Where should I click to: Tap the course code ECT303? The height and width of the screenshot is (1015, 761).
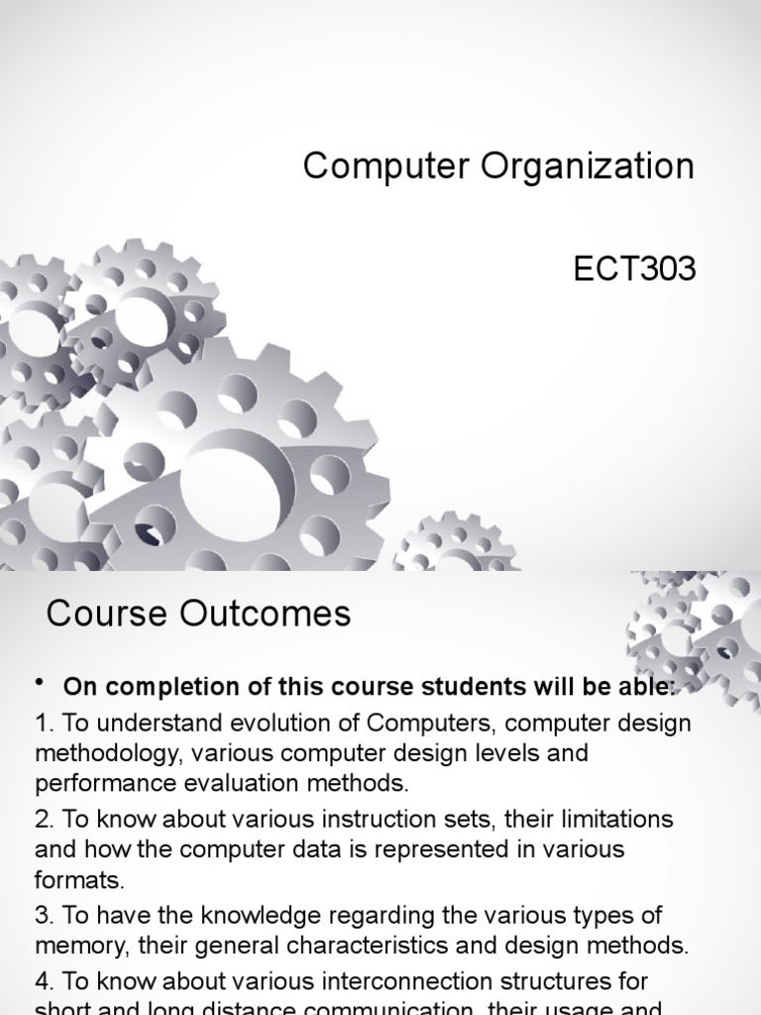pos(635,269)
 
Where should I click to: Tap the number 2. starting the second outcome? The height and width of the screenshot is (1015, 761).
pos(45,820)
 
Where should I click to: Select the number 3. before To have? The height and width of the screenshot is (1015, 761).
pos(45,916)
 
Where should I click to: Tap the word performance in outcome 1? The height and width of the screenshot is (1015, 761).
pos(97,783)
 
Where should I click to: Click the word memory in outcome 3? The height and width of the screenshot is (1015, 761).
pos(74,945)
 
